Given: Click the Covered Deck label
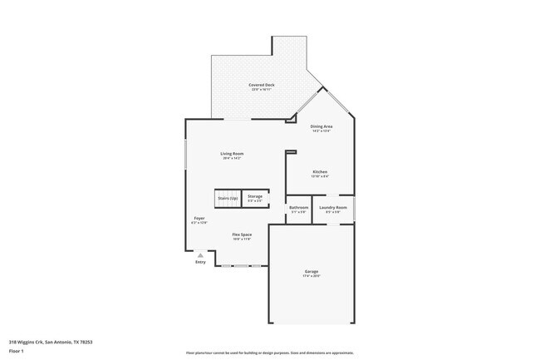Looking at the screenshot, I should tap(261, 85).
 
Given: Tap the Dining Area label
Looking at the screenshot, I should tap(322, 126).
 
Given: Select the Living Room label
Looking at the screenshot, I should tap(232, 154).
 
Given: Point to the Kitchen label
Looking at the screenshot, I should tap(320, 172).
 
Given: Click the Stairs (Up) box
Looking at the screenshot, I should tap(228, 198).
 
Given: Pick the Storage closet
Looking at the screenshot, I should tap(254, 198).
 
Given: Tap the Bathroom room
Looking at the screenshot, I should tap(298, 209).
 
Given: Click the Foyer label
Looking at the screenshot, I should tap(199, 219).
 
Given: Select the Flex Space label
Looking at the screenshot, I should tap(242, 234).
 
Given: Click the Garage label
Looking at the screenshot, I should tap(312, 271).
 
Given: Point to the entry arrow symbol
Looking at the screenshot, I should tap(200, 254).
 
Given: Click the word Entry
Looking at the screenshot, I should tap(200, 262).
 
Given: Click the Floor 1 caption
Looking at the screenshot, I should tap(17, 351).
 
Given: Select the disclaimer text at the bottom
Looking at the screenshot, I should tap(269, 353).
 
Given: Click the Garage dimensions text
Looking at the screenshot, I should tap(312, 276).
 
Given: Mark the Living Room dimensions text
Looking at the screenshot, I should tap(232, 158).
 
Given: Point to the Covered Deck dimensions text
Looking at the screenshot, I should tap(261, 89).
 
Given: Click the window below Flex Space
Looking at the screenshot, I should tap(241, 266).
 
